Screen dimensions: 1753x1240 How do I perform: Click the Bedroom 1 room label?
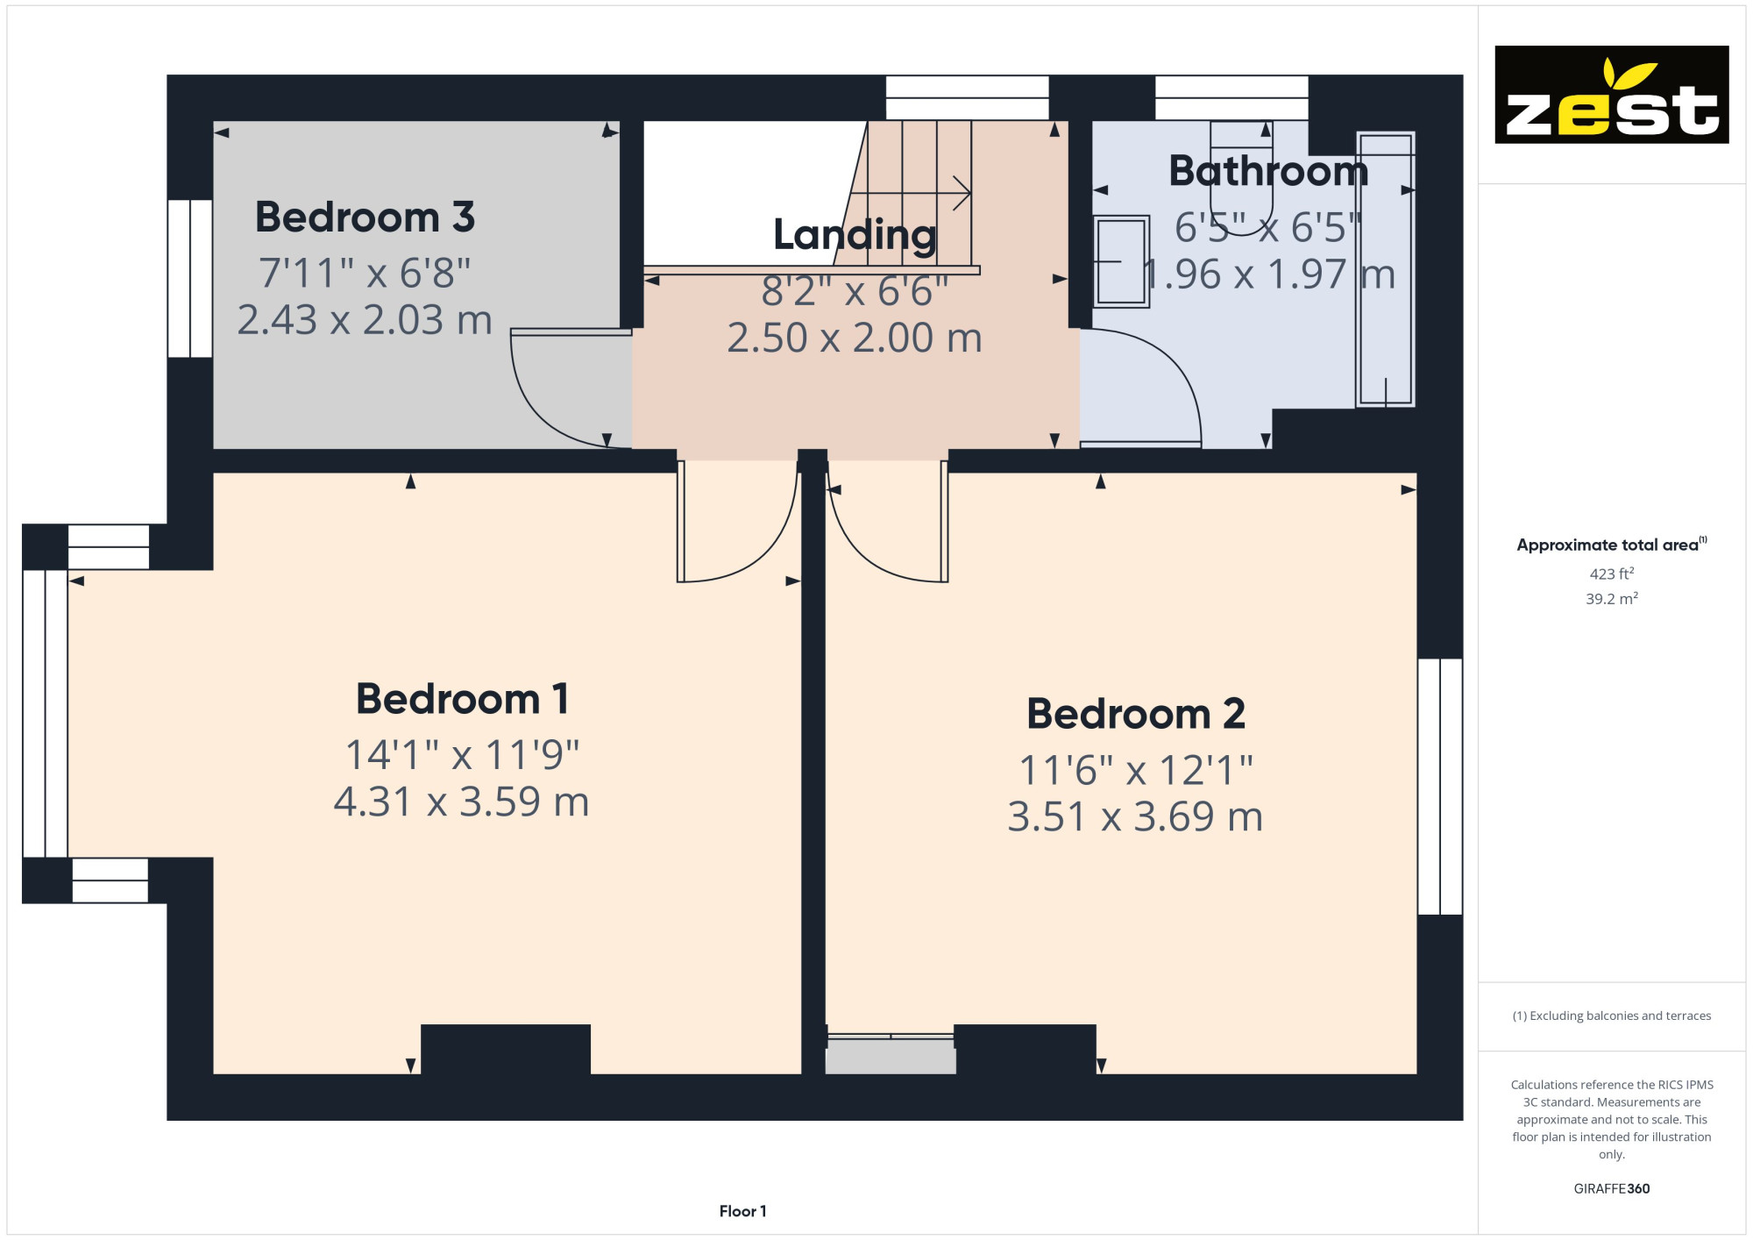pyautogui.click(x=463, y=699)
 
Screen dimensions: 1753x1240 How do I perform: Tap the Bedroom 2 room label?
pyautogui.click(x=1136, y=714)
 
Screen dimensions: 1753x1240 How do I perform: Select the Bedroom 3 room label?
pyautogui.click(x=365, y=217)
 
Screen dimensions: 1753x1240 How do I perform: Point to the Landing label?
pyautogui.click(x=855, y=235)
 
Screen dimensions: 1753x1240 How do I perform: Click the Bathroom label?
pyautogui.click(x=1268, y=171)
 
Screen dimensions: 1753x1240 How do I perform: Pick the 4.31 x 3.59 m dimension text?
pyautogui.click(x=461, y=802)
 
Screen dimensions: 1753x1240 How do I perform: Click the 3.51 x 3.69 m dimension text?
pyautogui.click(x=1135, y=816)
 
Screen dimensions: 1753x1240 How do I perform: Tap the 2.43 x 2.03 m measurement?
pyautogui.click(x=365, y=319)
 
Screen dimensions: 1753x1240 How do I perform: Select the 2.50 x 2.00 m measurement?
pyautogui.click(x=855, y=338)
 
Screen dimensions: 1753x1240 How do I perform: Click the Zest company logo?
pyautogui.click(x=1612, y=95)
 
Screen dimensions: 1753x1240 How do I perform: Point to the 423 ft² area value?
pyautogui.click(x=1612, y=574)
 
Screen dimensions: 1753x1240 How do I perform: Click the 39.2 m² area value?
pyautogui.click(x=1612, y=599)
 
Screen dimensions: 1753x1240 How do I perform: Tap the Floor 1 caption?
pyautogui.click(x=742, y=1211)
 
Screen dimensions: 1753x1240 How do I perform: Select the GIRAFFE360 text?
pyautogui.click(x=1612, y=1189)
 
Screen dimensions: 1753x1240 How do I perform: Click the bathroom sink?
pyautogui.click(x=1121, y=261)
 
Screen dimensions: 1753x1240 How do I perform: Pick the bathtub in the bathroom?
pyautogui.click(x=1386, y=269)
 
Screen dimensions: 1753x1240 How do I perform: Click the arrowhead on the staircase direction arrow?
pyautogui.click(x=962, y=193)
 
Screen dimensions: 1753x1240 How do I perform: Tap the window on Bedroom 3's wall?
pyautogui.click(x=190, y=279)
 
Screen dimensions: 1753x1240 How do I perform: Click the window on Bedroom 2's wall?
pyautogui.click(x=1440, y=787)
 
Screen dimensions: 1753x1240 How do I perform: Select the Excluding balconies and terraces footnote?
pyautogui.click(x=1612, y=1016)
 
